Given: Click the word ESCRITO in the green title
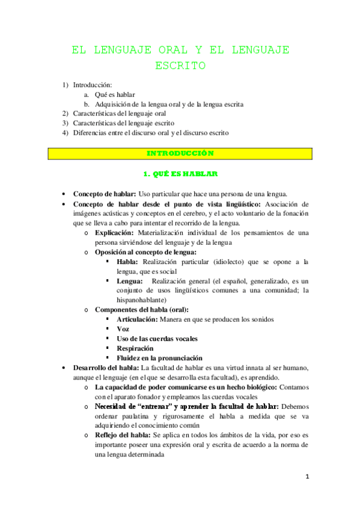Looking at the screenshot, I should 180,65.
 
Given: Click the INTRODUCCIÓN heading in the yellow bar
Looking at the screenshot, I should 180,153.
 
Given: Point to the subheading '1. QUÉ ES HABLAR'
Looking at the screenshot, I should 180,174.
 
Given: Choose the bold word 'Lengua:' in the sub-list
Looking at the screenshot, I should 130,281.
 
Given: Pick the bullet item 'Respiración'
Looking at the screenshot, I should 135,348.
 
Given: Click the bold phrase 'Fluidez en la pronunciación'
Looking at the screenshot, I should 159,357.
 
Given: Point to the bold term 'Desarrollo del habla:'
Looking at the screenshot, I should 105,367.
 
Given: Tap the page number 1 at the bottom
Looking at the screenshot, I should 307,477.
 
